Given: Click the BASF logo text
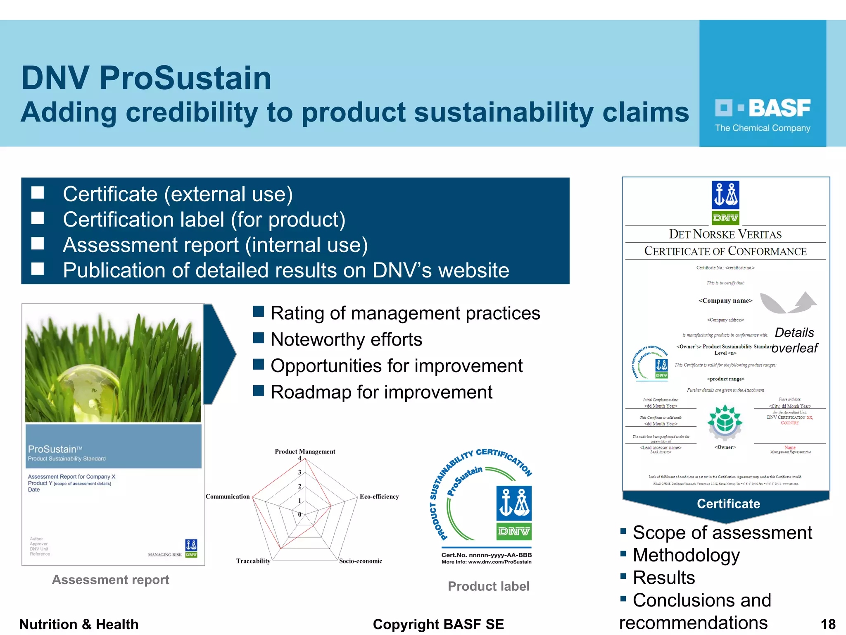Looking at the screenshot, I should click(x=779, y=108).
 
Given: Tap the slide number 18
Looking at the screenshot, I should click(x=828, y=624).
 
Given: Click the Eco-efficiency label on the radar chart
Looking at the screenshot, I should click(x=379, y=497).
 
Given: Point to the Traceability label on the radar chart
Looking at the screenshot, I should click(x=253, y=561).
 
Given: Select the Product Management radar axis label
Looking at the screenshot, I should click(x=305, y=451).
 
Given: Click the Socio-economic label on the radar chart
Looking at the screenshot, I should click(x=360, y=561).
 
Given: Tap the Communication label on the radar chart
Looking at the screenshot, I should click(x=228, y=497).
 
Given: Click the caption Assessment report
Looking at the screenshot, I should click(x=110, y=580).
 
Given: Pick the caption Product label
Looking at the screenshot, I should click(x=488, y=586).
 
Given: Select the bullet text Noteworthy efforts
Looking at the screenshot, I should click(x=346, y=339).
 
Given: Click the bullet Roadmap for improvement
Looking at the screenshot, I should click(x=381, y=392).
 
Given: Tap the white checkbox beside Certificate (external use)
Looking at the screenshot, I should click(x=38, y=193).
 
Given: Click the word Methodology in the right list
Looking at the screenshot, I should click(x=686, y=555).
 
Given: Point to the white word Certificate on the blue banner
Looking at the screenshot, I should click(x=728, y=504).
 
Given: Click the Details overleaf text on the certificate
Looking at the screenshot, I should click(x=794, y=340).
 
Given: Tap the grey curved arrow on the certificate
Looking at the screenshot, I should click(x=787, y=303).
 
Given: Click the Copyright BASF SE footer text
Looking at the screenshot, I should click(x=438, y=624).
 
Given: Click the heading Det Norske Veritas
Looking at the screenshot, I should click(x=725, y=234).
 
